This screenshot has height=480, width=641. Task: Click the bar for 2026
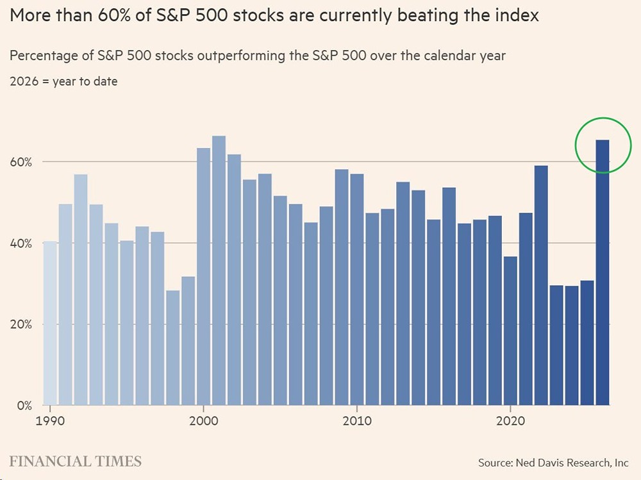(x=603, y=272)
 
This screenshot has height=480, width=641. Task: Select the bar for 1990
(x=50, y=323)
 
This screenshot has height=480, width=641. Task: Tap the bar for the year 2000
(x=203, y=276)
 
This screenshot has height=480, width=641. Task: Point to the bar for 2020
(x=510, y=331)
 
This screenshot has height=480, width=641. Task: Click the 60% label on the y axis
(x=21, y=162)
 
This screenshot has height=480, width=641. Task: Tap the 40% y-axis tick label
(x=21, y=244)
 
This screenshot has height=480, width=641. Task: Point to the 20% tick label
(x=21, y=324)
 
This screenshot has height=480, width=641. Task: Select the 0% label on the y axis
(x=24, y=405)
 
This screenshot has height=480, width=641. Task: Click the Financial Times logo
(x=76, y=461)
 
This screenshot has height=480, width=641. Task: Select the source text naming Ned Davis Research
(x=553, y=462)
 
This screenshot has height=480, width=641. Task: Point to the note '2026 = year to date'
(x=63, y=81)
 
